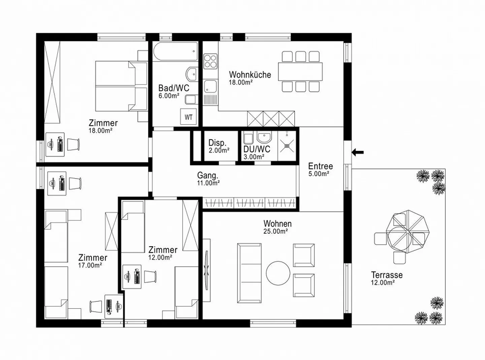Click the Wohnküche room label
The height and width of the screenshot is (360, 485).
tap(250, 74)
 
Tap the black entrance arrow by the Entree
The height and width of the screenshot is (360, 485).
tap(358, 153)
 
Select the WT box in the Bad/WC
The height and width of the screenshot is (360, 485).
tap(188, 117)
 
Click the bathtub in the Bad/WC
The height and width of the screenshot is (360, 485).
tap(175, 51)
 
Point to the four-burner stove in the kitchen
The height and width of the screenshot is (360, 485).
tap(210, 61)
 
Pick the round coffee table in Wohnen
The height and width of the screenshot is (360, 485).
tap(278, 273)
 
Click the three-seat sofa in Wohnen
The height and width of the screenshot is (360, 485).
tap(249, 273)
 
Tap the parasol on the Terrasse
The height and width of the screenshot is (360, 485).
tap(408, 232)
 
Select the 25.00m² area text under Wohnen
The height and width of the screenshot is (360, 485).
tap(276, 231)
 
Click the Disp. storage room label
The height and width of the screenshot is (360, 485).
tap(217, 143)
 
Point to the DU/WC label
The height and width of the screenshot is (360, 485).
tap(257, 149)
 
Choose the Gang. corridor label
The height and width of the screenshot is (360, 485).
tap(207, 175)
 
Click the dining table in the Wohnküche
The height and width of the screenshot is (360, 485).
tap(300, 71)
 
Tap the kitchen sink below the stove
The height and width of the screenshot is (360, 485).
tap(211, 86)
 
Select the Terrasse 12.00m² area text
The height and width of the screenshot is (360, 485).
tap(383, 283)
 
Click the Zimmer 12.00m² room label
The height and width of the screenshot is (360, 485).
tap(163, 250)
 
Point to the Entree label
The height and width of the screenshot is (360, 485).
tap(320, 166)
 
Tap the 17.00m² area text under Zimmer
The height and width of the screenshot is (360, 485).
tap(90, 265)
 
